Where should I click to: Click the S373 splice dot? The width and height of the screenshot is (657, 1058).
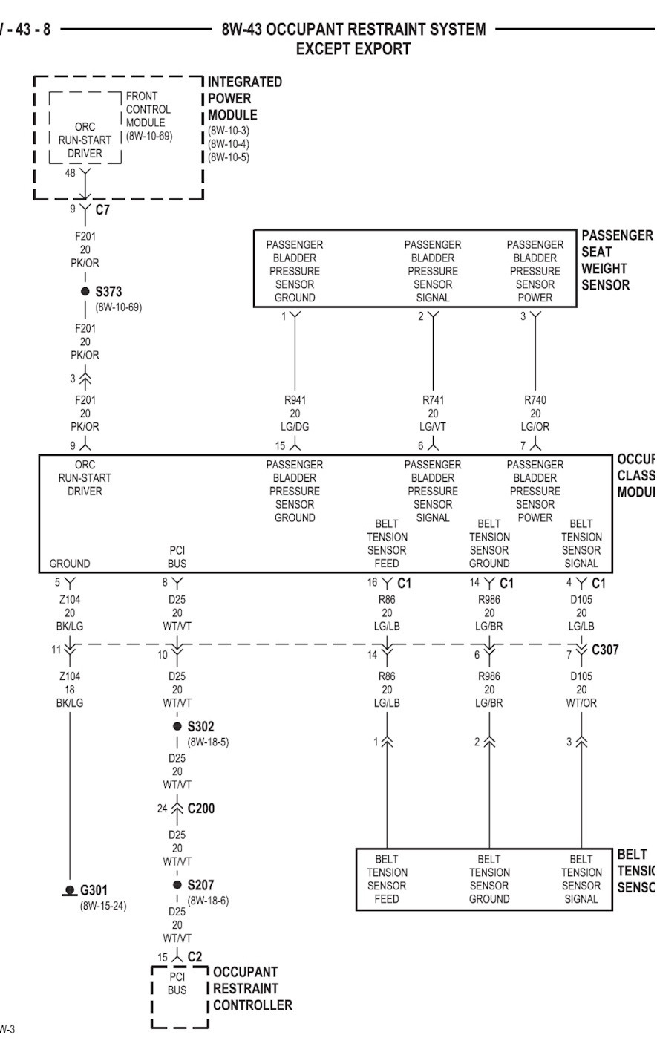pyautogui.click(x=85, y=292)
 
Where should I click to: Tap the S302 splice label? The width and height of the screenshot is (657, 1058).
pyautogui.click(x=200, y=726)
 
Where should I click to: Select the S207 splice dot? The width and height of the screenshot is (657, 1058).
pyautogui.click(x=177, y=884)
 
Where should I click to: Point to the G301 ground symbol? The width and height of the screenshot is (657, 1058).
pyautogui.click(x=70, y=889)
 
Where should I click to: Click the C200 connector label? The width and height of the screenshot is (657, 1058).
pyautogui.click(x=200, y=808)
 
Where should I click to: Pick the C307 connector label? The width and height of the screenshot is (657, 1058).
pyautogui.click(x=605, y=650)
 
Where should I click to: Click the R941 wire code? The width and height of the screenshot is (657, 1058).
pyautogui.click(x=295, y=400)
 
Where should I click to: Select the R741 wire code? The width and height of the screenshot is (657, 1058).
pyautogui.click(x=433, y=400)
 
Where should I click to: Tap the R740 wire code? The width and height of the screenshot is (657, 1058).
pyautogui.click(x=535, y=400)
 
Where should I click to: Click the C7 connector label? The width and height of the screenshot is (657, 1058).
pyautogui.click(x=102, y=210)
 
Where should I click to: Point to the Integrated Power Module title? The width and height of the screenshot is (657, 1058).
pyautogui.click(x=233, y=98)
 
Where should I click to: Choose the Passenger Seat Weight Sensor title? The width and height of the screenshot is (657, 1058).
pyautogui.click(x=616, y=260)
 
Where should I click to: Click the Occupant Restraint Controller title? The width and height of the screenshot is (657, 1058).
pyautogui.click(x=252, y=988)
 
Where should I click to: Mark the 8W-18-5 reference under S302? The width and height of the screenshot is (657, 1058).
pyautogui.click(x=208, y=741)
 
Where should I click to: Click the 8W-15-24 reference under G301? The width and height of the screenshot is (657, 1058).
pyautogui.click(x=103, y=905)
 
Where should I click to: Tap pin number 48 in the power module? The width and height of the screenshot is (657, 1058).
pyautogui.click(x=71, y=173)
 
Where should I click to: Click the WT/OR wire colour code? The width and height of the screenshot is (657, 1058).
pyautogui.click(x=581, y=702)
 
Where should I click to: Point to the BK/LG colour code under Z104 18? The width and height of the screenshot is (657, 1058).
pyautogui.click(x=70, y=702)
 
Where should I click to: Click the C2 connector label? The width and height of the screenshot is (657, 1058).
pyautogui.click(x=195, y=957)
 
